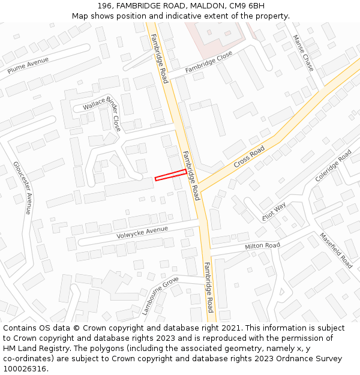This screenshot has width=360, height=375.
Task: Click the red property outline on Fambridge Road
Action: [x=170, y=175]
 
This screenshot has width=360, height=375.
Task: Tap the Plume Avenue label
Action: [x=28, y=65]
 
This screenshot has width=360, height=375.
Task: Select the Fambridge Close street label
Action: [x=208, y=62]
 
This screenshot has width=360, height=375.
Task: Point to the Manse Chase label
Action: [x=303, y=52]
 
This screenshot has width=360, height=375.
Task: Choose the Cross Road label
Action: [x=249, y=157]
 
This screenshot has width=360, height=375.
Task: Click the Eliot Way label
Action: [x=274, y=211]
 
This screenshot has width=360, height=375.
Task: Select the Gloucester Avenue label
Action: [x=22, y=188]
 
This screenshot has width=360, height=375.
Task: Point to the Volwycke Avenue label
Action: [x=143, y=231]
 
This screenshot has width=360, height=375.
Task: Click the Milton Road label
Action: [x=262, y=246]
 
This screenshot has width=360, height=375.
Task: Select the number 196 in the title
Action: [x=104, y=5]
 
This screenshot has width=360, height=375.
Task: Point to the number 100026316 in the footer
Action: [x=23, y=368]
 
